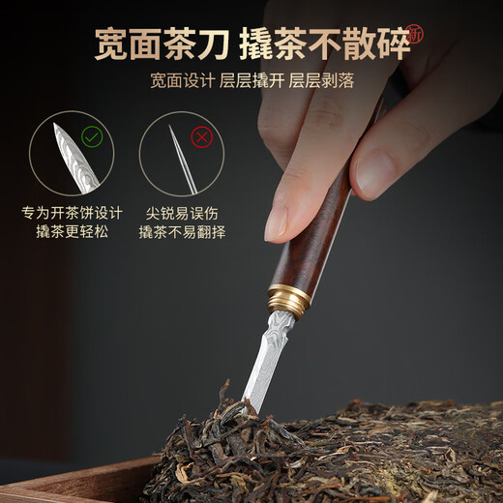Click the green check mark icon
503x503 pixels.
92,136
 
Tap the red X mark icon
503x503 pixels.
202,136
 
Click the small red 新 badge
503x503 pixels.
415,34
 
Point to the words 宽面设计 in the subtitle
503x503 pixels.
181,80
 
